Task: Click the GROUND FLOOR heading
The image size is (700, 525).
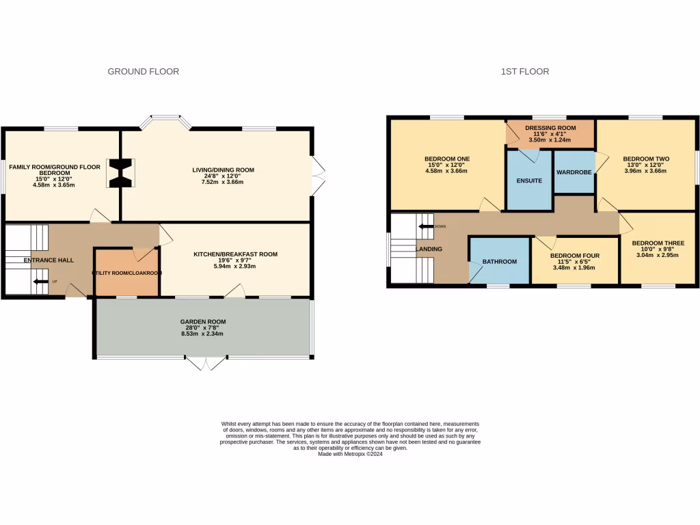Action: [144, 71]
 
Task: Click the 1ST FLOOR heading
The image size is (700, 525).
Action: [525, 71]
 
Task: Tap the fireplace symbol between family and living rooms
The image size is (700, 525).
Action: [121, 173]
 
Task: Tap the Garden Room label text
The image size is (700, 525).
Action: [203, 321]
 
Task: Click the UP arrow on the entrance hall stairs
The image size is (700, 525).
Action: [40, 281]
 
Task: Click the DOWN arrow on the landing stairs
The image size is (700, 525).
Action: [427, 226]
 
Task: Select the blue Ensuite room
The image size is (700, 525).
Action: [529, 181]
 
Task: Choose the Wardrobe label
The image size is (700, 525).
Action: [574, 172]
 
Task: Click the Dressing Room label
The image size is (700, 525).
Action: [550, 128]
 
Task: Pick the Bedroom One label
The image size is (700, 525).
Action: [446, 159]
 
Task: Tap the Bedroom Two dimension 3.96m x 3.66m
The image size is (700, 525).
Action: [646, 171]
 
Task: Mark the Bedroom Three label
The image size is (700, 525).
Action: [658, 243]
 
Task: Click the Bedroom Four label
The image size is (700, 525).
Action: [575, 256]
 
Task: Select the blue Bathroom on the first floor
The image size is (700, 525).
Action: [500, 261]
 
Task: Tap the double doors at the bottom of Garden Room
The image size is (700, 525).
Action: [206, 362]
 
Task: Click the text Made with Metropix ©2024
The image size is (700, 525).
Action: [350, 454]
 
